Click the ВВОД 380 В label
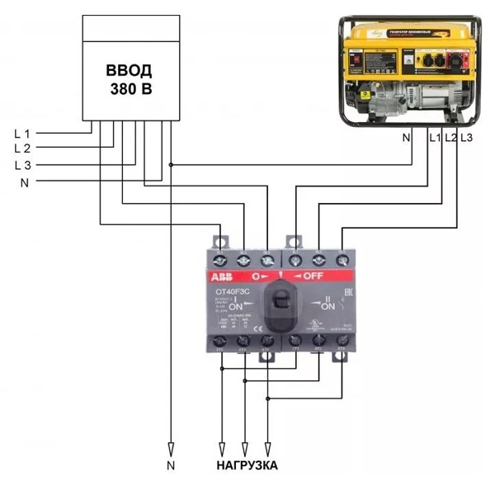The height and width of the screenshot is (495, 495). tap(132, 78)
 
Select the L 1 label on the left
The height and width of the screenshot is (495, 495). tap(22, 132)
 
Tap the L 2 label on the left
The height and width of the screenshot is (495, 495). tap(22, 148)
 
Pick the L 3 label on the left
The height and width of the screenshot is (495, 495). tap(22, 165)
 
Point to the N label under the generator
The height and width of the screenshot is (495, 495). tap(406, 137)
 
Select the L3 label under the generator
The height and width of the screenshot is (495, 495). tap(467, 137)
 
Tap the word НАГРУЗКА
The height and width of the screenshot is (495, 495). tap(247, 466)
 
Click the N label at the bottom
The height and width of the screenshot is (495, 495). tap(171, 466)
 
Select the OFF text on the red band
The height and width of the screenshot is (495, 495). tap(318, 276)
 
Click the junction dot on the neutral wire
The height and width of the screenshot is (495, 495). tap(171, 164)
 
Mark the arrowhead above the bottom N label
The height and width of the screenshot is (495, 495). tap(171, 450)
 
